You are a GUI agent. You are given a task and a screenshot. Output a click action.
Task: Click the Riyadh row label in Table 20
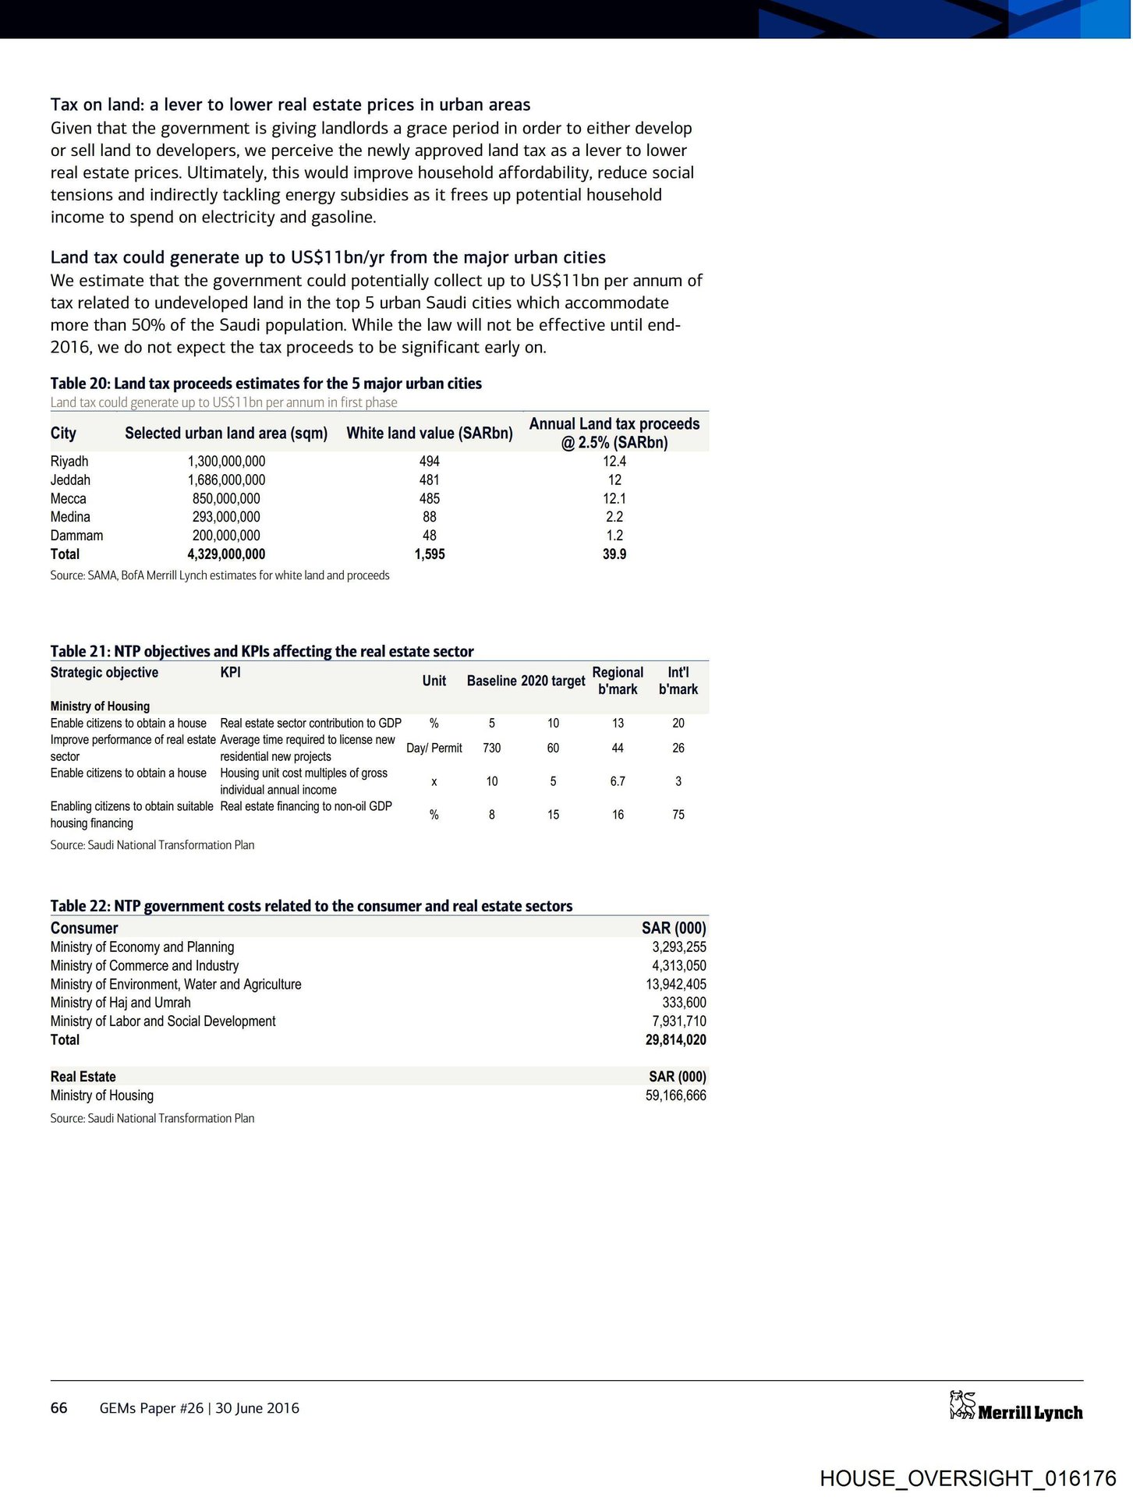pos(69,462)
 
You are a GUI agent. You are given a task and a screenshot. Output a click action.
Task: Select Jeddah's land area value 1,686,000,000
pos(226,480)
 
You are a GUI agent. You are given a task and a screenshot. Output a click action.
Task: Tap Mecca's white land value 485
pos(429,499)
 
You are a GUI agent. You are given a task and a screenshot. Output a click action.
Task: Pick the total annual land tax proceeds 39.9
pos(614,554)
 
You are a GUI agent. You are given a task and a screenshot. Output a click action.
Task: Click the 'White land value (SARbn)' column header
pos(430,434)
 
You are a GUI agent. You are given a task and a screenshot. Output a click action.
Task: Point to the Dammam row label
pos(76,536)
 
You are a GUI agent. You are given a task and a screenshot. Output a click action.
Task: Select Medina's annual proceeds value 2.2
pos(614,517)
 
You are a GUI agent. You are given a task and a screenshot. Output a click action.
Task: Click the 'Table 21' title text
pos(262,652)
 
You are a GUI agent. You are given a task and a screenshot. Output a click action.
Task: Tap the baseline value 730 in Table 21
pos(491,748)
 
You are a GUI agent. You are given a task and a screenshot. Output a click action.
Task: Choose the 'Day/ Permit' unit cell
pos(434,748)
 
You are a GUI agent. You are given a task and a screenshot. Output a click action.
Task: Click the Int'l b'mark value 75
pos(678,815)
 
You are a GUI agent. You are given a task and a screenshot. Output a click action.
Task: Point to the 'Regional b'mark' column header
pos(618,681)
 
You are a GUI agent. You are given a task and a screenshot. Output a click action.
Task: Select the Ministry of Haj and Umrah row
pos(121,1003)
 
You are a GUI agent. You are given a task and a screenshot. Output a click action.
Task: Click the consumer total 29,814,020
pos(675,1040)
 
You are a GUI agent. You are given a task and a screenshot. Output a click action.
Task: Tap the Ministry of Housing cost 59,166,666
pos(675,1095)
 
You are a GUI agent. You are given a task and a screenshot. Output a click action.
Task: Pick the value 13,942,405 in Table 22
pos(675,985)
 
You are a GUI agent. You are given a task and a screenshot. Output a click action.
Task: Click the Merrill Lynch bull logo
pos(962,1406)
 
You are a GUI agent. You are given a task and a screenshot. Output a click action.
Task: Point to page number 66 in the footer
pos(59,1408)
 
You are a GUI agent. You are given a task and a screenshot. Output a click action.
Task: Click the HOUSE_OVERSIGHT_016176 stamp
pos(968,1478)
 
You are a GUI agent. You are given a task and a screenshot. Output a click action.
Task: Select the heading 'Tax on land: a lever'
pos(290,105)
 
